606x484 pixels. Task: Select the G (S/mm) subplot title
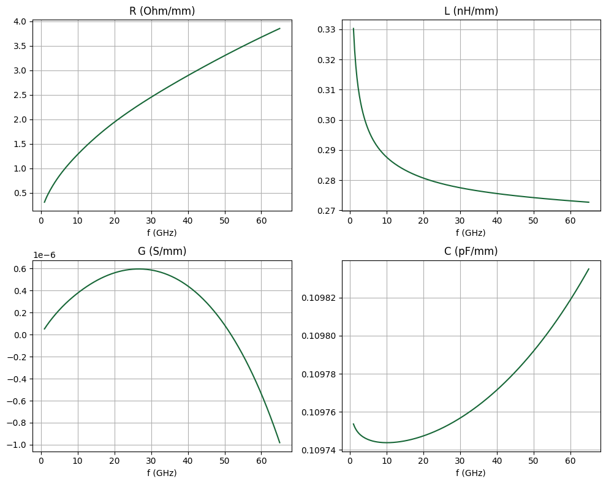pos(162,251)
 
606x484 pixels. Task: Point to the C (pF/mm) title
pos(471,251)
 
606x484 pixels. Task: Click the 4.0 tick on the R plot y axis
pos(20,22)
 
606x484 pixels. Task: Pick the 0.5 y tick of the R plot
pos(20,193)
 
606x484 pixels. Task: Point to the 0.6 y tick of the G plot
pos(20,269)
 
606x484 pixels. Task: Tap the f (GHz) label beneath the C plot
pos(471,473)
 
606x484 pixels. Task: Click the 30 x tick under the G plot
pos(151,461)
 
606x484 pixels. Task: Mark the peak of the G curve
pos(139,269)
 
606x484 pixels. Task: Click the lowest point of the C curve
pos(387,442)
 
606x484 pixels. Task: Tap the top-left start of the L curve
pos(353,28)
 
